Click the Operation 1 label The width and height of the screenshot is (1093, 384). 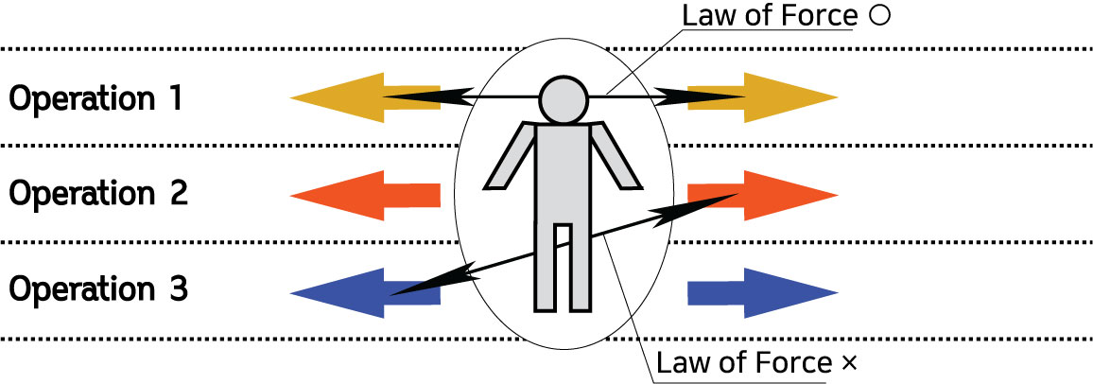[95, 97]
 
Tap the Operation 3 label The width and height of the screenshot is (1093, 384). [97, 288]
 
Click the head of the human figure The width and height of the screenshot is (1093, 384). [564, 98]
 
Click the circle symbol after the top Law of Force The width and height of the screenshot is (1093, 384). [873, 18]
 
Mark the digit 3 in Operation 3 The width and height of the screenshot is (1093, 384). [177, 288]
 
